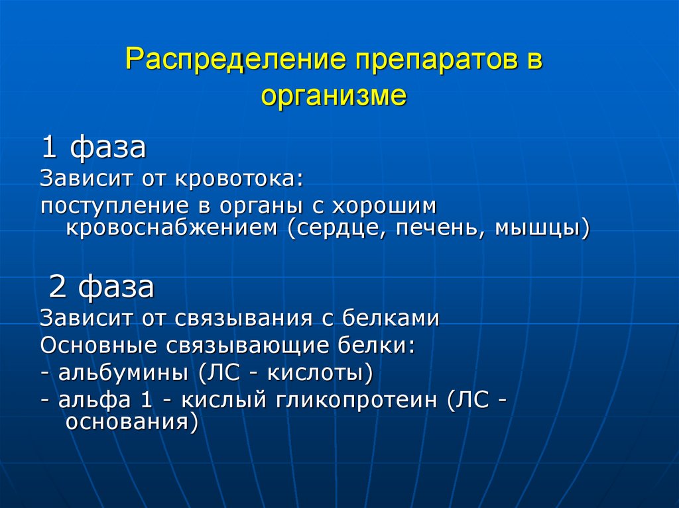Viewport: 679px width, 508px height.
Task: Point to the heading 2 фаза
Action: [x=102, y=287]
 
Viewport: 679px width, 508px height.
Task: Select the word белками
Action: [x=391, y=318]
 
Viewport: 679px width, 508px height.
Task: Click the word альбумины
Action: [x=123, y=374]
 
